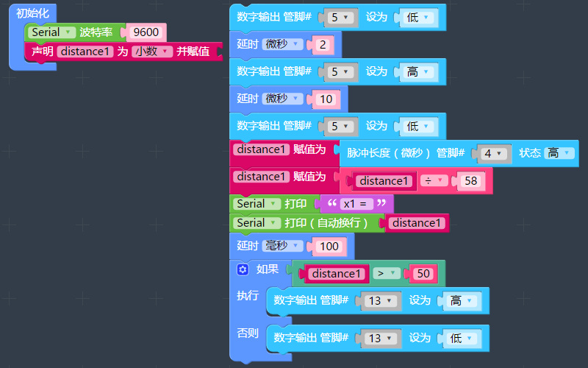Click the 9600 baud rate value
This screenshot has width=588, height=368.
click(x=147, y=32)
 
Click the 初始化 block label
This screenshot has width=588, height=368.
click(x=32, y=13)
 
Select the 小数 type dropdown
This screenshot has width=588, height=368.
click(x=152, y=52)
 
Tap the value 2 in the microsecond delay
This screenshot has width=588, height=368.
click(x=323, y=45)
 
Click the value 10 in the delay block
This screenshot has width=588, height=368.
click(x=326, y=99)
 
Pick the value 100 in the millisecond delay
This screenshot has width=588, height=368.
click(x=329, y=246)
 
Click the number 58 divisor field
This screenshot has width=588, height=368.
click(x=470, y=181)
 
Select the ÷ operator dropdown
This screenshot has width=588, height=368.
click(x=434, y=181)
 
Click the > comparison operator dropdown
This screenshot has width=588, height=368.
click(x=386, y=274)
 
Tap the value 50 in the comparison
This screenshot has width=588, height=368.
click(x=423, y=274)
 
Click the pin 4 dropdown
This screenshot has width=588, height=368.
click(x=491, y=153)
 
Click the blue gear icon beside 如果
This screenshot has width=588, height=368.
click(x=243, y=270)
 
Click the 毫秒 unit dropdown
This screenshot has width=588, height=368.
click(x=282, y=246)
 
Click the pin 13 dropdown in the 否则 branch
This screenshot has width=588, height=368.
click(x=379, y=339)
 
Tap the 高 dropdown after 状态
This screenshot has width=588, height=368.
click(x=559, y=153)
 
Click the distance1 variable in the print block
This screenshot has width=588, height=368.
click(x=417, y=223)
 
